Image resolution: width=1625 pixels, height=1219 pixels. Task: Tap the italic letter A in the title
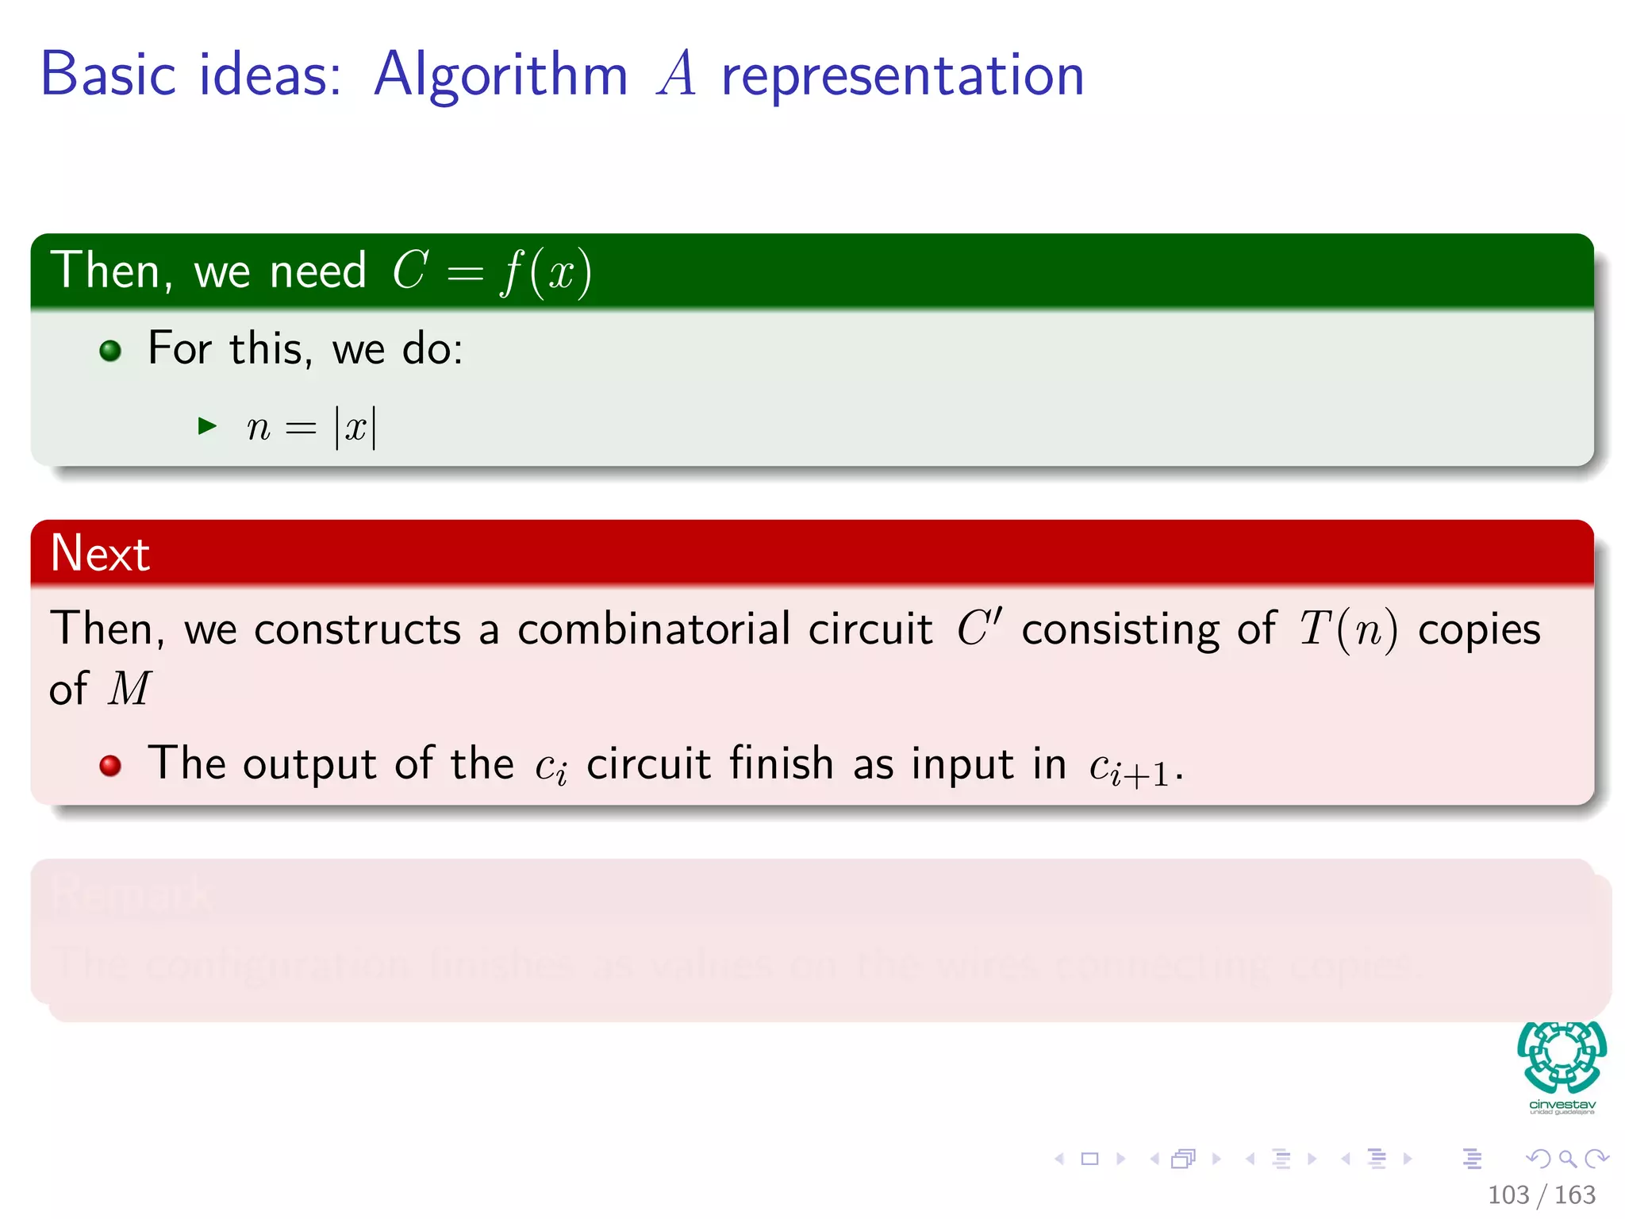676,74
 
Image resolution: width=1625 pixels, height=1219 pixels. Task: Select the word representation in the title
902,77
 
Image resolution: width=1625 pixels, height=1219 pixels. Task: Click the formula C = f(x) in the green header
492,271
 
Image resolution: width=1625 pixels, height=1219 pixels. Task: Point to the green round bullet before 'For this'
110,350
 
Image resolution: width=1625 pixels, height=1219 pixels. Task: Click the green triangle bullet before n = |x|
207,426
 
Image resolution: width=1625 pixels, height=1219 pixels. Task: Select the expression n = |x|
311,428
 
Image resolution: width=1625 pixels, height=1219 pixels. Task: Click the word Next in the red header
100,553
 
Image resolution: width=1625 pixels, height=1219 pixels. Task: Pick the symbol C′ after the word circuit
979,628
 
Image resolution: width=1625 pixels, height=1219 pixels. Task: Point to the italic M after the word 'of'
129,688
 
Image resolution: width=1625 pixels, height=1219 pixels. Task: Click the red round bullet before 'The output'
110,765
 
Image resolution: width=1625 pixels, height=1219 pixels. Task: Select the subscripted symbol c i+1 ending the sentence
1128,767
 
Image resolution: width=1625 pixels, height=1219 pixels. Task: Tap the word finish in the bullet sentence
782,763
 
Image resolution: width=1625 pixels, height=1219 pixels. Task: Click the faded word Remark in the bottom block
132,895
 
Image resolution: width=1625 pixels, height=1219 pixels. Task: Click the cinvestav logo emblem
1562,1057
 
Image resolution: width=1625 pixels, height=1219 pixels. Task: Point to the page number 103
1508,1194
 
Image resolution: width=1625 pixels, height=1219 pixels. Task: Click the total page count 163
1574,1194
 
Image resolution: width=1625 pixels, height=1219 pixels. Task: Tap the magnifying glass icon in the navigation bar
1567,1159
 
